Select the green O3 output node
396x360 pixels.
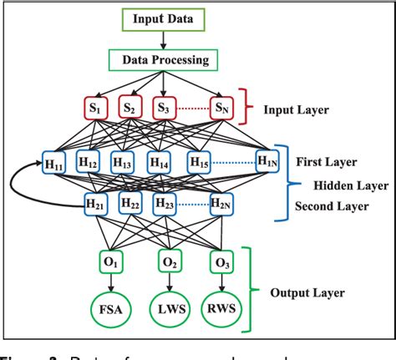coord(220,262)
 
